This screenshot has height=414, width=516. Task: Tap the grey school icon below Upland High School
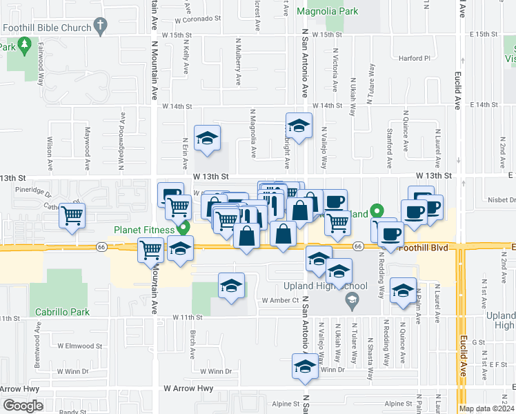pos(353,299)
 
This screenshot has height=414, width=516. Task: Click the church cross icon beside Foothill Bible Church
pos(101,28)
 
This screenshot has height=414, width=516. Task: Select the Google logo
pos(23,406)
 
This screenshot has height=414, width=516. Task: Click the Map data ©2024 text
pos(486,408)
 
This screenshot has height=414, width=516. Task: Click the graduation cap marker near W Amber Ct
pos(231,286)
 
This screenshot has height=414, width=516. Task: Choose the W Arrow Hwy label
pos(188,388)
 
